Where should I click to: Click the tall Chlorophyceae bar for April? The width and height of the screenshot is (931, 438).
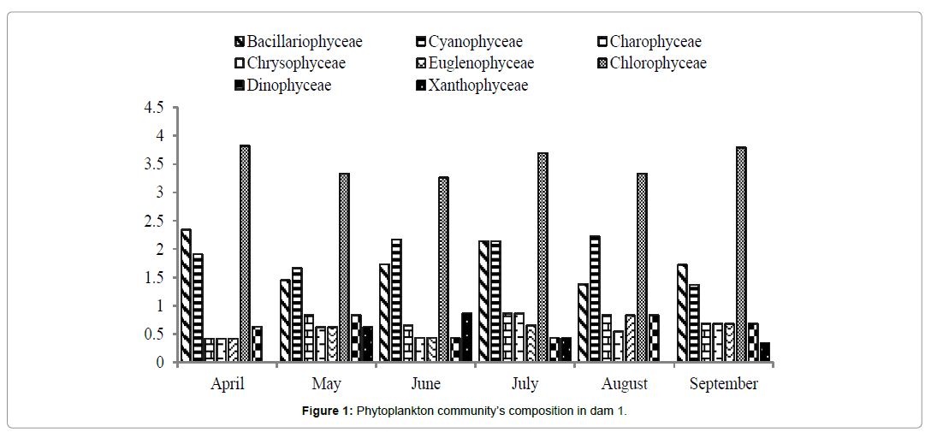[x=245, y=253]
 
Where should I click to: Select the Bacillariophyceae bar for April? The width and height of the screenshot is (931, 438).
[x=186, y=295]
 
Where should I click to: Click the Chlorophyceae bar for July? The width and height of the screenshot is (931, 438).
[x=543, y=257]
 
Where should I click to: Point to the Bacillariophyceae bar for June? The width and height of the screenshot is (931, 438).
[x=384, y=313]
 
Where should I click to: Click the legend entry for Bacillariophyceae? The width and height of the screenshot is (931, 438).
[x=304, y=42]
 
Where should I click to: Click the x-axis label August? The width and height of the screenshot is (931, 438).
[x=625, y=384]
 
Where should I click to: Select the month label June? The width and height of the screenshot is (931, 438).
[x=426, y=384]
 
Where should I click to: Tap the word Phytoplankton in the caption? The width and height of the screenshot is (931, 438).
[x=398, y=411]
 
